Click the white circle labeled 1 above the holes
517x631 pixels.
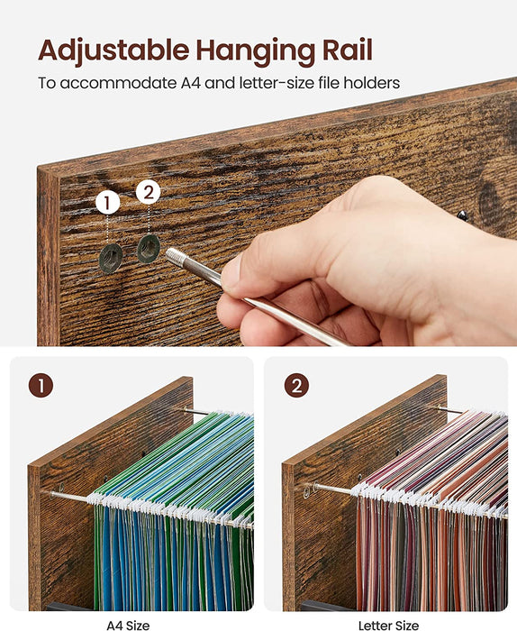pos(108,202)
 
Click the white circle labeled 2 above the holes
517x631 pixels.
pos(149,191)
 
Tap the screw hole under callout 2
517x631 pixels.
pos(149,248)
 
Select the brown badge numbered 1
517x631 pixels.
pos(41,387)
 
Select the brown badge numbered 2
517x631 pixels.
pos(296,387)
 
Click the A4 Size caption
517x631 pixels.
pos(129,624)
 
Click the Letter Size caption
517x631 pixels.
pos(388,624)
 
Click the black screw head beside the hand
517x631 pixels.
pos(462,215)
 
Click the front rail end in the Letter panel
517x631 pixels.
pos(308,490)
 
